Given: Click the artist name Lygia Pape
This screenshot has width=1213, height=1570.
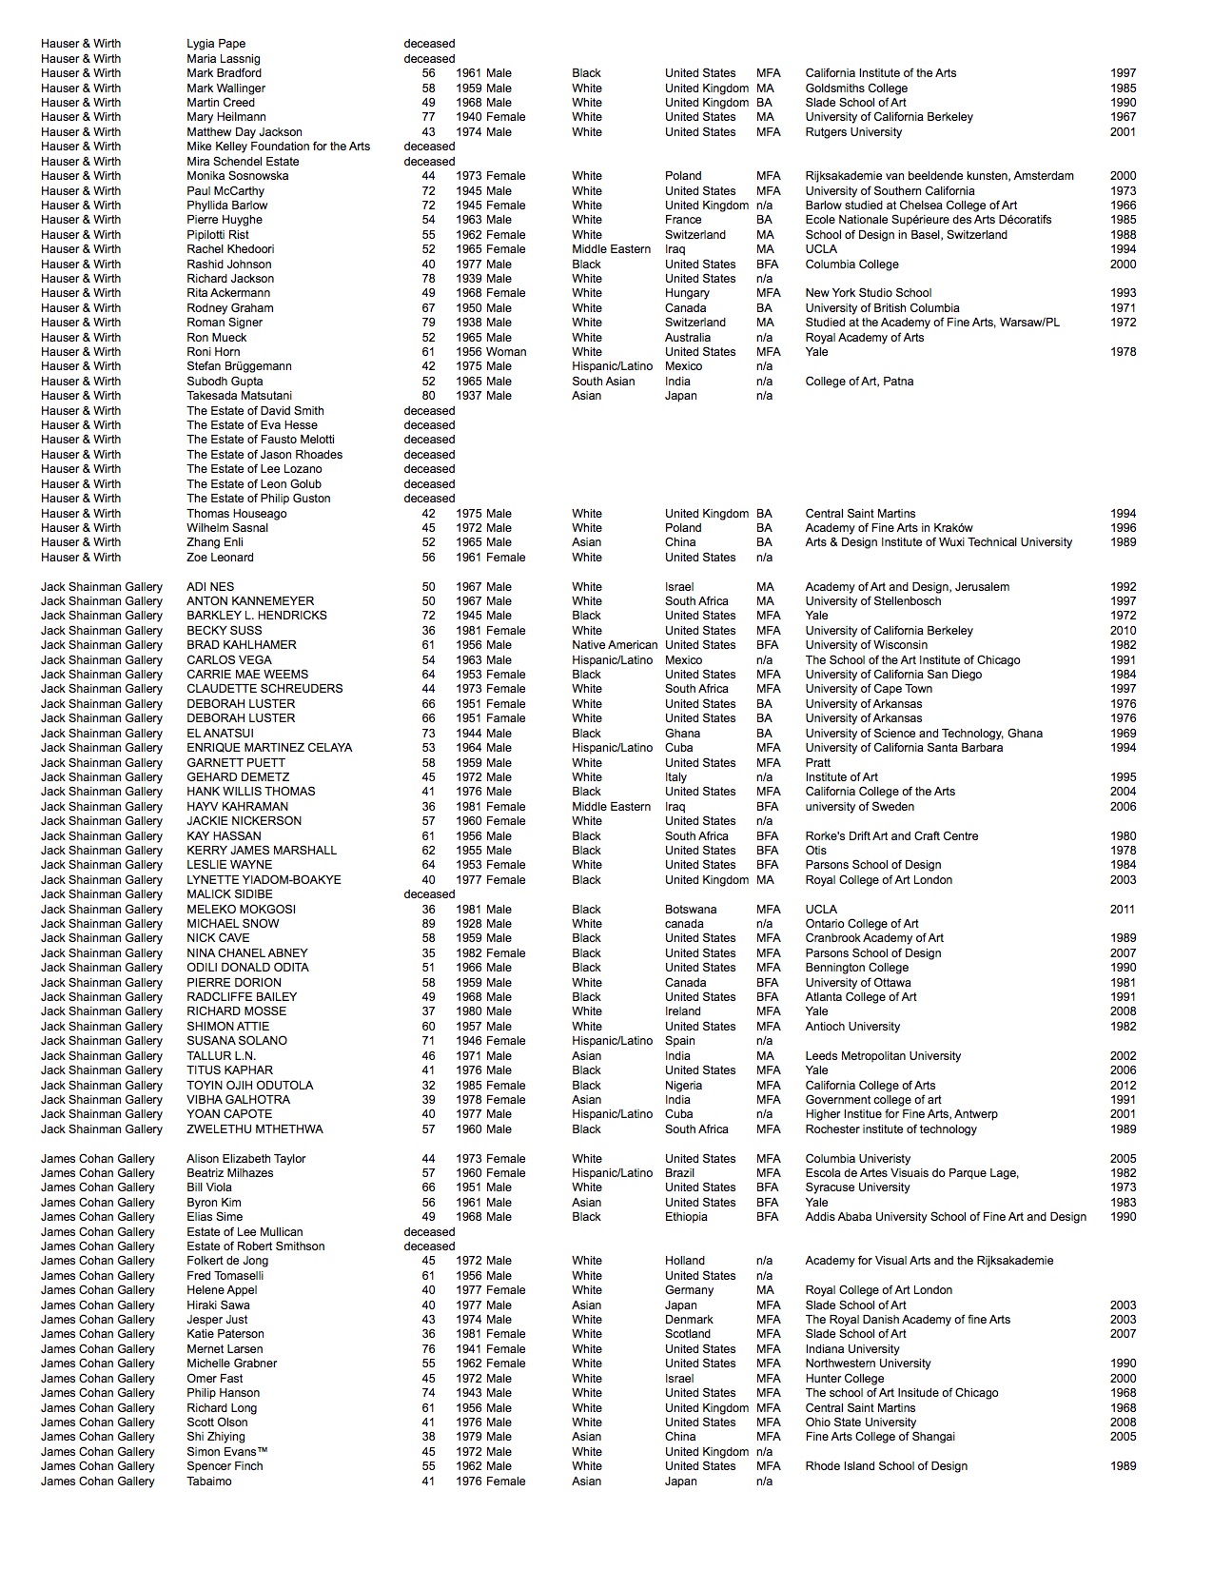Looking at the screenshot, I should point(216,44).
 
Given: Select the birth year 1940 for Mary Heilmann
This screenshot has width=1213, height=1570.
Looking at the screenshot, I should point(468,117).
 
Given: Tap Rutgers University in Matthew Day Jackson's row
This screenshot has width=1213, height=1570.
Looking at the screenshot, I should point(853,132).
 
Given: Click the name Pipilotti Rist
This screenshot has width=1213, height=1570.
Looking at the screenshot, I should point(218,235).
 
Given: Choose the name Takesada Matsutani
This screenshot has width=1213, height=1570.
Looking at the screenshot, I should point(239,396).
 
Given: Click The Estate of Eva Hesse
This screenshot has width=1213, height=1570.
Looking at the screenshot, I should point(252,425).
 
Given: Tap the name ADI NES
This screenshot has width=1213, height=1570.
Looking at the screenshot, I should point(210,587).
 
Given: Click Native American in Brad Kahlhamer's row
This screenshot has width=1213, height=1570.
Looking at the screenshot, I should point(615,645).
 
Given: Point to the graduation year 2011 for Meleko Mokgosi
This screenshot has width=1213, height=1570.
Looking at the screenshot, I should point(1123,910).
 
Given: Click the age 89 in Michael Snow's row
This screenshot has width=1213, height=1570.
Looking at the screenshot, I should point(428,924).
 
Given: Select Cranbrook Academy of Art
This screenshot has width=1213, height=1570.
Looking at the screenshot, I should point(874,938).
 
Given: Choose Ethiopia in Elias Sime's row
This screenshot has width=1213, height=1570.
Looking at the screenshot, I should point(686,1217).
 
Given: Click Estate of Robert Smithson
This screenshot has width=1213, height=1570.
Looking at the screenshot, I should point(255,1246).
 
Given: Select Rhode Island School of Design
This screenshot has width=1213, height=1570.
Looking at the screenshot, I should point(886,1466).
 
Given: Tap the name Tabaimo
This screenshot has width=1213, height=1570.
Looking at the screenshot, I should point(208,1482).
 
